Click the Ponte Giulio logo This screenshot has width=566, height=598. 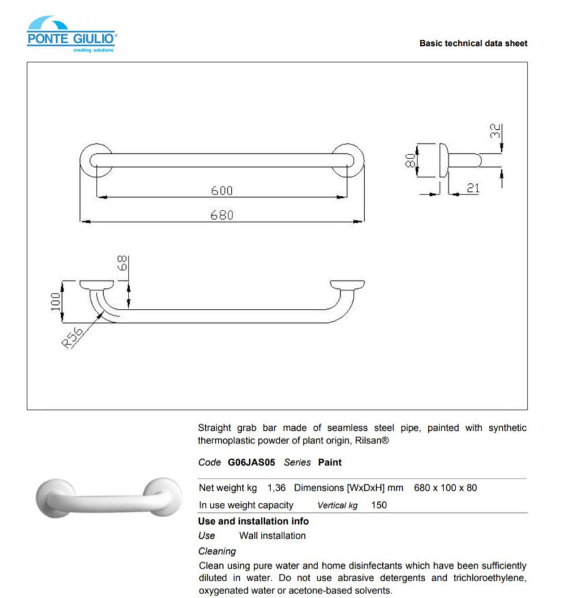(x=72, y=34)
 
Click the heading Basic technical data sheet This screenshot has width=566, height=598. (x=473, y=43)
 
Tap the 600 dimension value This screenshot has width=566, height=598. (x=222, y=190)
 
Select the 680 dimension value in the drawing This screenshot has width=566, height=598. (x=222, y=215)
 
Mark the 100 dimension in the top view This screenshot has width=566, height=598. (x=57, y=301)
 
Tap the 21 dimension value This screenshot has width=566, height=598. (x=472, y=188)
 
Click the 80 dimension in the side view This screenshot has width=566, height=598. (x=412, y=160)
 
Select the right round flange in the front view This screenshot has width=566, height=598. (x=350, y=160)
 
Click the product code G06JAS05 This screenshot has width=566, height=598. (x=251, y=462)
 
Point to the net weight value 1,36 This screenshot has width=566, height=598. (x=276, y=487)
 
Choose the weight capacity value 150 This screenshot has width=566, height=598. (x=379, y=505)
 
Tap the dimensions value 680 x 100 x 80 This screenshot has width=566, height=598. (x=445, y=487)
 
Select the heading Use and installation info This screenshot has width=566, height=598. (x=253, y=521)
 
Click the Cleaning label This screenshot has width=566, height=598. (x=217, y=551)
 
